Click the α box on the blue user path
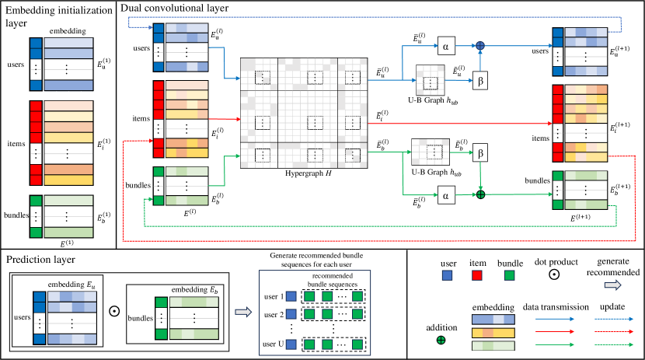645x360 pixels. [x=446, y=46]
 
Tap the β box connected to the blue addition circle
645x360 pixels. [x=480, y=79]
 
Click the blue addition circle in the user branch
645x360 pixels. [x=480, y=46]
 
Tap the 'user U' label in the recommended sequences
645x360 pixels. [x=274, y=343]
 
